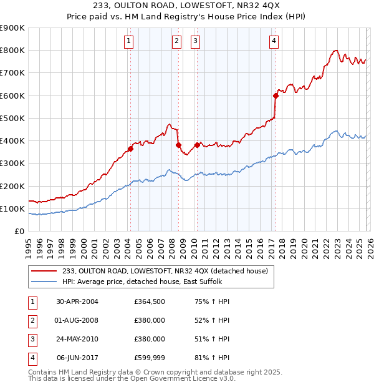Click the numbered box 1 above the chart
(128, 42)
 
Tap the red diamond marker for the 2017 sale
(275, 96)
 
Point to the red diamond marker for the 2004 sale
(130, 149)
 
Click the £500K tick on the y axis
(13, 118)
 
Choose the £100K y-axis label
(13, 208)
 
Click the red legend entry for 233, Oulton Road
(165, 271)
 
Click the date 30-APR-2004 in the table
(77, 301)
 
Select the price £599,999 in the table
(150, 358)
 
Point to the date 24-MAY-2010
(77, 339)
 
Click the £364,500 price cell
(150, 301)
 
